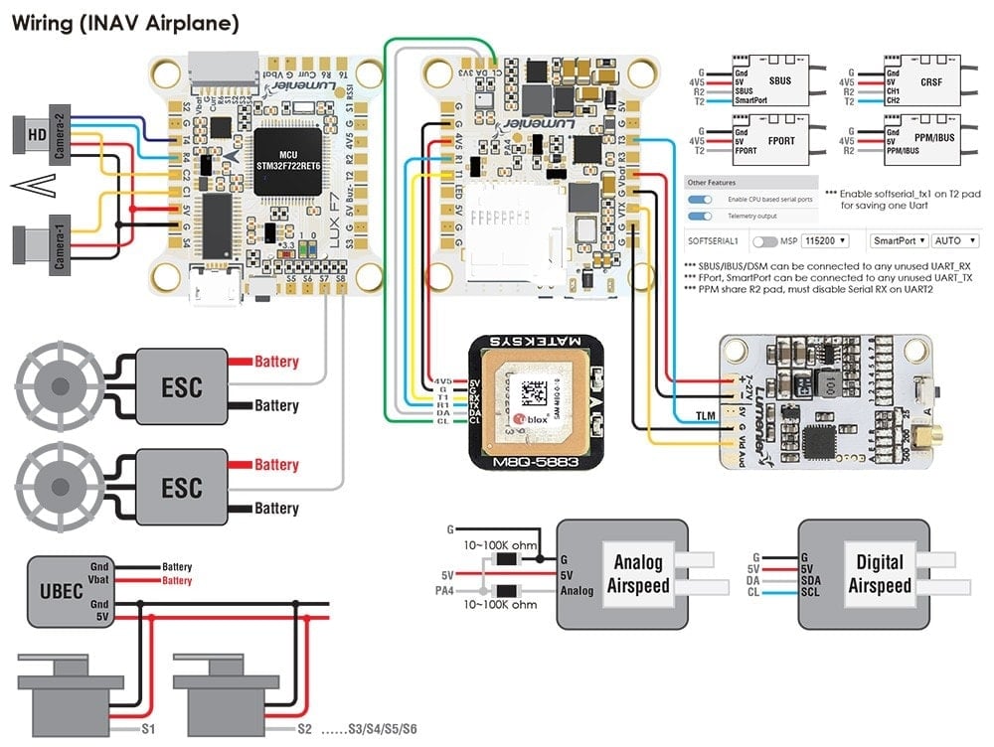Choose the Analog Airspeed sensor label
click(x=637, y=573)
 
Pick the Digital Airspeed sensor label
click(x=879, y=573)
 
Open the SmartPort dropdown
click(x=899, y=241)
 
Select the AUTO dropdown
click(x=954, y=241)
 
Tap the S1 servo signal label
click(x=148, y=728)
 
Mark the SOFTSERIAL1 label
click(x=715, y=241)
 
